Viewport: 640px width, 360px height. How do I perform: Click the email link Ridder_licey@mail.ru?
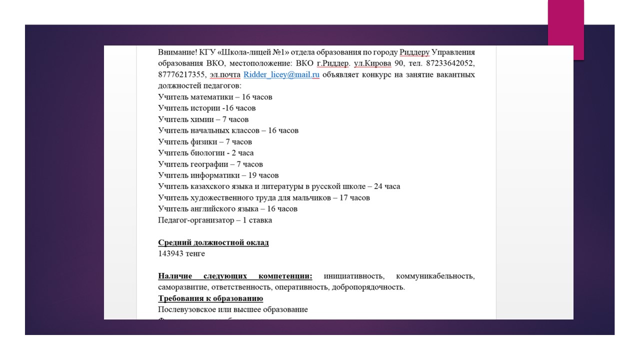tap(281, 75)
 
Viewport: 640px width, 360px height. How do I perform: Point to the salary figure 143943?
tap(172, 253)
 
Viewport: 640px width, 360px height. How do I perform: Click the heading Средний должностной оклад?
tap(213, 242)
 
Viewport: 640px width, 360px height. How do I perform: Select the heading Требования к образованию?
tap(210, 298)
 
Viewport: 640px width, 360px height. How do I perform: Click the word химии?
tap(203, 119)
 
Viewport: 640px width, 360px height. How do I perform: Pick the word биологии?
tap(207, 153)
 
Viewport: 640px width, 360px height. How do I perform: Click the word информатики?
tap(213, 175)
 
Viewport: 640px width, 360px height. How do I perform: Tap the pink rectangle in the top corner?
tap(566, 29)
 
